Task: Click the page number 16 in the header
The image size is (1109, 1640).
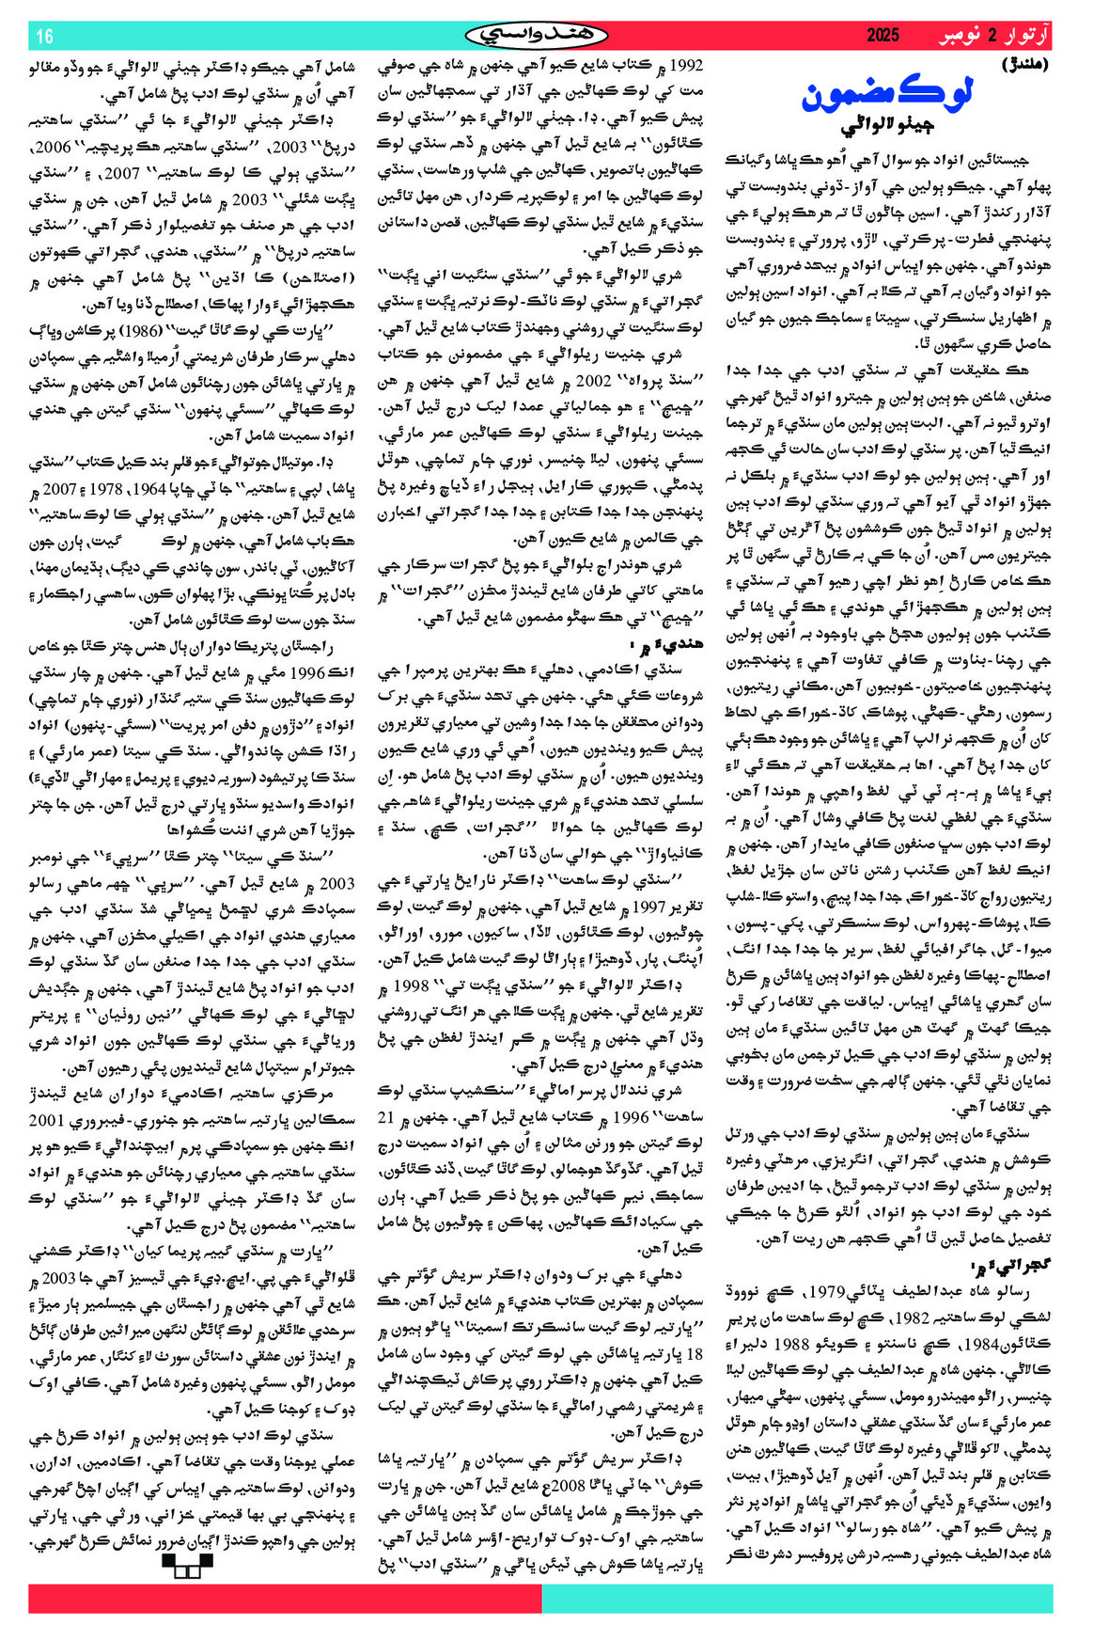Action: pyautogui.click(x=44, y=37)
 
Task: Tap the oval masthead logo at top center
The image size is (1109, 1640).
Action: pyautogui.click(x=537, y=35)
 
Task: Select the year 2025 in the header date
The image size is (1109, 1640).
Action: pyautogui.click(x=883, y=37)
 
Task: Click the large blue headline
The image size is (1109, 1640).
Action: pyautogui.click(x=887, y=94)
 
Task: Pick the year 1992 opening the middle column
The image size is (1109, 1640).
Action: pyautogui.click(x=686, y=66)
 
